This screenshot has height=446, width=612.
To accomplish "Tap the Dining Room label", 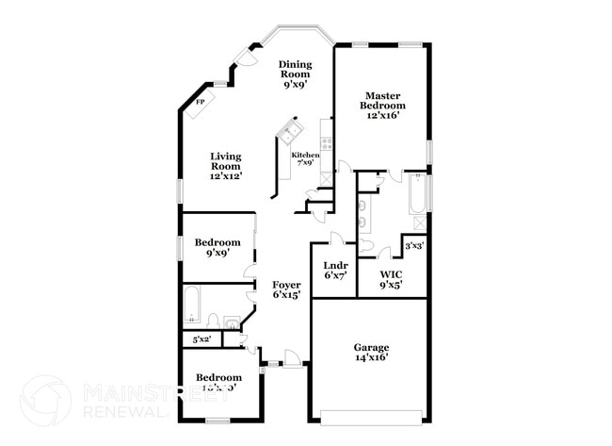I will click(x=295, y=74).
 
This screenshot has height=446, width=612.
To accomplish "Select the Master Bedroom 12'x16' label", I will click(x=384, y=105).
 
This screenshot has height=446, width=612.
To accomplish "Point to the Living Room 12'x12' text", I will click(x=226, y=166).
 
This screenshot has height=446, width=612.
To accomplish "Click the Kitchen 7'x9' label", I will click(x=305, y=158).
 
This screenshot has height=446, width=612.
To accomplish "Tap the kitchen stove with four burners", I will click(x=327, y=144).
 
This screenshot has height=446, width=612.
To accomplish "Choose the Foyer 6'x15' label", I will click(x=286, y=289).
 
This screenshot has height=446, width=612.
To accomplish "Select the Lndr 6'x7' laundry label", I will click(x=335, y=270).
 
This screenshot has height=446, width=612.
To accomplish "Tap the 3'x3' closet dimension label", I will click(x=413, y=246).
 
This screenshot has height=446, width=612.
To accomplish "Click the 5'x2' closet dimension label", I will click(x=201, y=339).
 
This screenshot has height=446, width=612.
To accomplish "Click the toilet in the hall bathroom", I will click(x=213, y=321).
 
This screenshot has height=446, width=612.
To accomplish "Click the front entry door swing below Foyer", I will click(x=293, y=358).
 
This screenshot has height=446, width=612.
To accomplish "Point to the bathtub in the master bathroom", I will click(x=416, y=193).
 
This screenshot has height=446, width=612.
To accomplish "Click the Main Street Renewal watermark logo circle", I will click(x=45, y=400).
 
